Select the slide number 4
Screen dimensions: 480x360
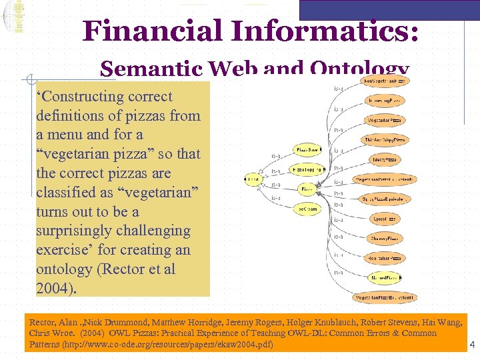[x=471, y=345]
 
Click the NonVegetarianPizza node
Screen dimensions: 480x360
[x=385, y=81]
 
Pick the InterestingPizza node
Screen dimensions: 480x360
[x=385, y=100]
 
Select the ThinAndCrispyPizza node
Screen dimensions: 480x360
[x=385, y=140]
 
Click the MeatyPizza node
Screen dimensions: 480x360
[x=385, y=160]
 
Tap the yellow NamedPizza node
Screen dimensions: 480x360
[x=385, y=277]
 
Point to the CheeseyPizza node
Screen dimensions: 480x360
[x=385, y=238]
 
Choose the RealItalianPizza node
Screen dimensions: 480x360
[x=385, y=257]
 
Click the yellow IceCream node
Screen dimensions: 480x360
[x=307, y=209]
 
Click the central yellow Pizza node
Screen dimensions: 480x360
[x=307, y=189]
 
